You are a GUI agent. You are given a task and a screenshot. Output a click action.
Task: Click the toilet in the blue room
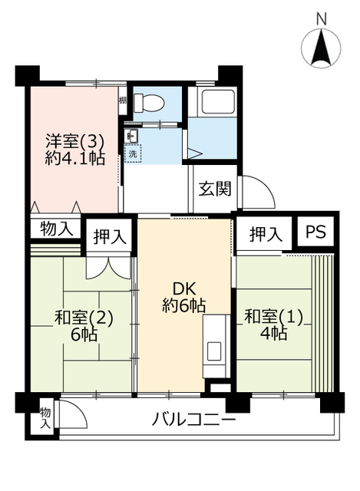148,102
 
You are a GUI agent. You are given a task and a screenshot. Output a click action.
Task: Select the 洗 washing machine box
133,153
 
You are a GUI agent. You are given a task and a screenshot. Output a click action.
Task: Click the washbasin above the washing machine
132,136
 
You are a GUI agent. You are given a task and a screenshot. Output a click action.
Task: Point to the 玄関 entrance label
215,189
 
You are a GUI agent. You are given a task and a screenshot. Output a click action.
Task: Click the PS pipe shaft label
315,232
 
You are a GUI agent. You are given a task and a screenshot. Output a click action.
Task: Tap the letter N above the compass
321,19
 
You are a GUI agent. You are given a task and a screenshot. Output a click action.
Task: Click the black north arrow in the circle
321,46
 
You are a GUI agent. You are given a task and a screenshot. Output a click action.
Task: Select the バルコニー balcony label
193,419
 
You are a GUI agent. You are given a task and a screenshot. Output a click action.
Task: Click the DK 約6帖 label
184,297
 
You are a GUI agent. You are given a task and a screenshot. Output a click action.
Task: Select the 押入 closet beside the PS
266,234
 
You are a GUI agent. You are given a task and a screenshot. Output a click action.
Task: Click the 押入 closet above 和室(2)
110,236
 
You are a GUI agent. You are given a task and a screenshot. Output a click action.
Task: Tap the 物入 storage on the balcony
46,418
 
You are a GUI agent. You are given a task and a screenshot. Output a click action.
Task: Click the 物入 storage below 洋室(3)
57,229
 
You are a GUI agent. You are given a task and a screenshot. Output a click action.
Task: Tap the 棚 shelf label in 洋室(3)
123,101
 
